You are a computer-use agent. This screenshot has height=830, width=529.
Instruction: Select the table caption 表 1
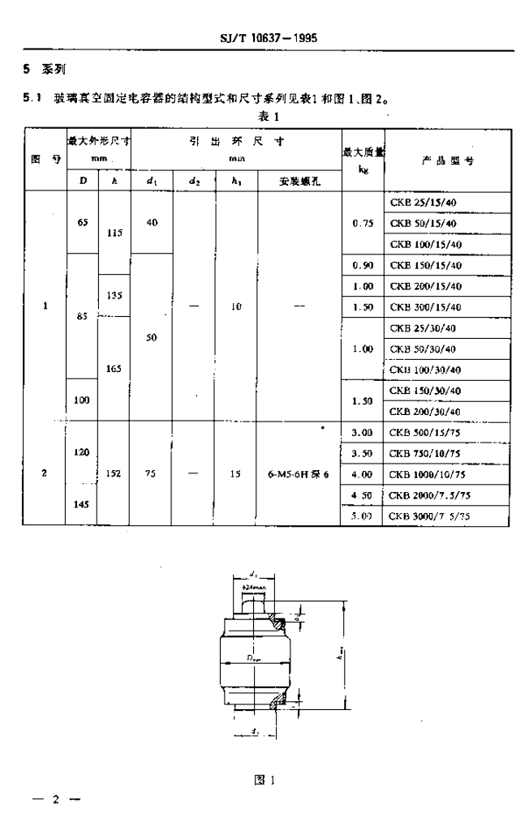point(269,116)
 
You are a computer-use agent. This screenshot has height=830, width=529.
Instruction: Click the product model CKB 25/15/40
point(424,201)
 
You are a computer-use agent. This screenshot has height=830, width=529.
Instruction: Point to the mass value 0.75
point(362,223)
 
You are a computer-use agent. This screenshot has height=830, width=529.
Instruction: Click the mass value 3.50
point(362,453)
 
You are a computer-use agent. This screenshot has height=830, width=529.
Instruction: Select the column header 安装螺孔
point(299,182)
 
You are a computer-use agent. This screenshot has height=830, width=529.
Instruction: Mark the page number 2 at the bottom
point(57,800)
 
